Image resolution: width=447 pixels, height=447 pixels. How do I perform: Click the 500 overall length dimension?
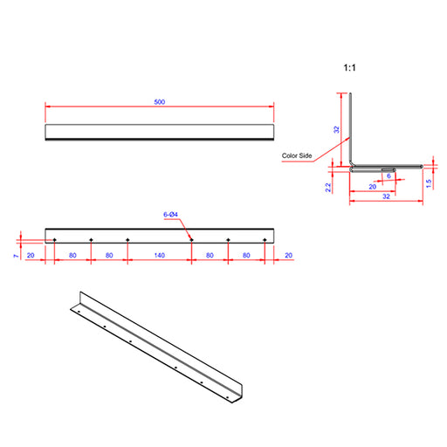point(160,102)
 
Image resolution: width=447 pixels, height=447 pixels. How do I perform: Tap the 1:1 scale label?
point(349,68)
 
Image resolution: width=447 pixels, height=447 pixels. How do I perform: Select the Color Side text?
point(297,155)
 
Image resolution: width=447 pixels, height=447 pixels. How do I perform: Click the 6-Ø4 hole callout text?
point(170,215)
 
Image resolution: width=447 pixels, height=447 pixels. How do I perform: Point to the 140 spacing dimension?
point(160,255)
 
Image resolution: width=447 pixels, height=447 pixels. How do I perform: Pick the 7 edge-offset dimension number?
point(16,256)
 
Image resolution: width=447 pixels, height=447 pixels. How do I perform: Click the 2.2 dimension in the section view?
point(328,188)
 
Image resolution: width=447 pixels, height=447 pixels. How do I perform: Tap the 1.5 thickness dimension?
point(429,183)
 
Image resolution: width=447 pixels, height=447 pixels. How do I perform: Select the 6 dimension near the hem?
point(389,175)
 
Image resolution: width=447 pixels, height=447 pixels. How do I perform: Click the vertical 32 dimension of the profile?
point(336,129)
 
